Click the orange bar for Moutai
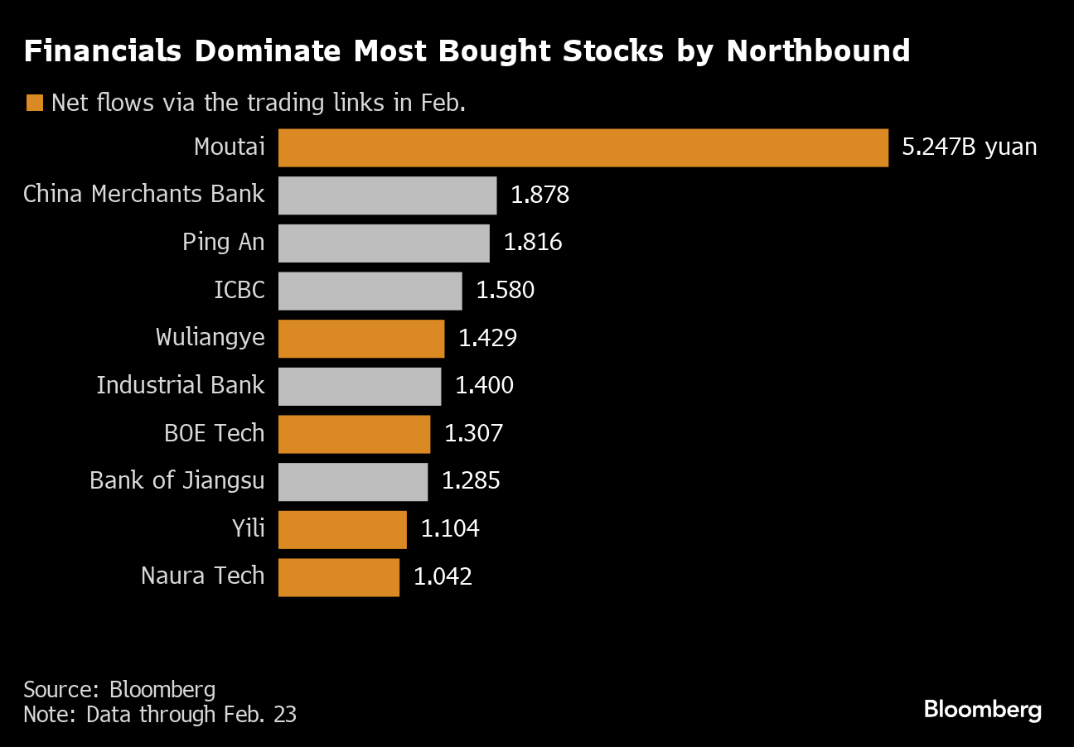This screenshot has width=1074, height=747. point(583,147)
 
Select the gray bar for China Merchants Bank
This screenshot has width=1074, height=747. point(387,195)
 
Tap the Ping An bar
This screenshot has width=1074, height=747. point(384,243)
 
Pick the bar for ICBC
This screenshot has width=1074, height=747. point(370,291)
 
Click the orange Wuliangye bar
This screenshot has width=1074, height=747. point(361,338)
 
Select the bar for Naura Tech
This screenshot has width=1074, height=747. point(338,576)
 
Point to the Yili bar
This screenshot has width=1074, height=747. point(342,529)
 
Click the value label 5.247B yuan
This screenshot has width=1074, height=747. point(969,147)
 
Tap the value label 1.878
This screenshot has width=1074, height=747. point(539,195)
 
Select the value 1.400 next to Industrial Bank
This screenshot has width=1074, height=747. point(484,385)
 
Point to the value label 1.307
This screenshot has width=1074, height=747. point(473,433)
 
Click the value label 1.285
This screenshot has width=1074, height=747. point(471,481)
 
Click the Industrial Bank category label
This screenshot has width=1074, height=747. point(181,385)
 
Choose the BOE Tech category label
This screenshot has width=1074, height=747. point(215,433)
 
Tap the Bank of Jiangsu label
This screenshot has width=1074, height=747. point(177,481)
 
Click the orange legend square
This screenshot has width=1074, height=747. point(34,103)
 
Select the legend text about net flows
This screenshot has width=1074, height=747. point(258,103)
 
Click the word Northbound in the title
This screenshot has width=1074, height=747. point(818,51)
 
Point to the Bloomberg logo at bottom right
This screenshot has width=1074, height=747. point(982,710)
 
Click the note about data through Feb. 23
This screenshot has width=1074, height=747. point(160,714)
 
